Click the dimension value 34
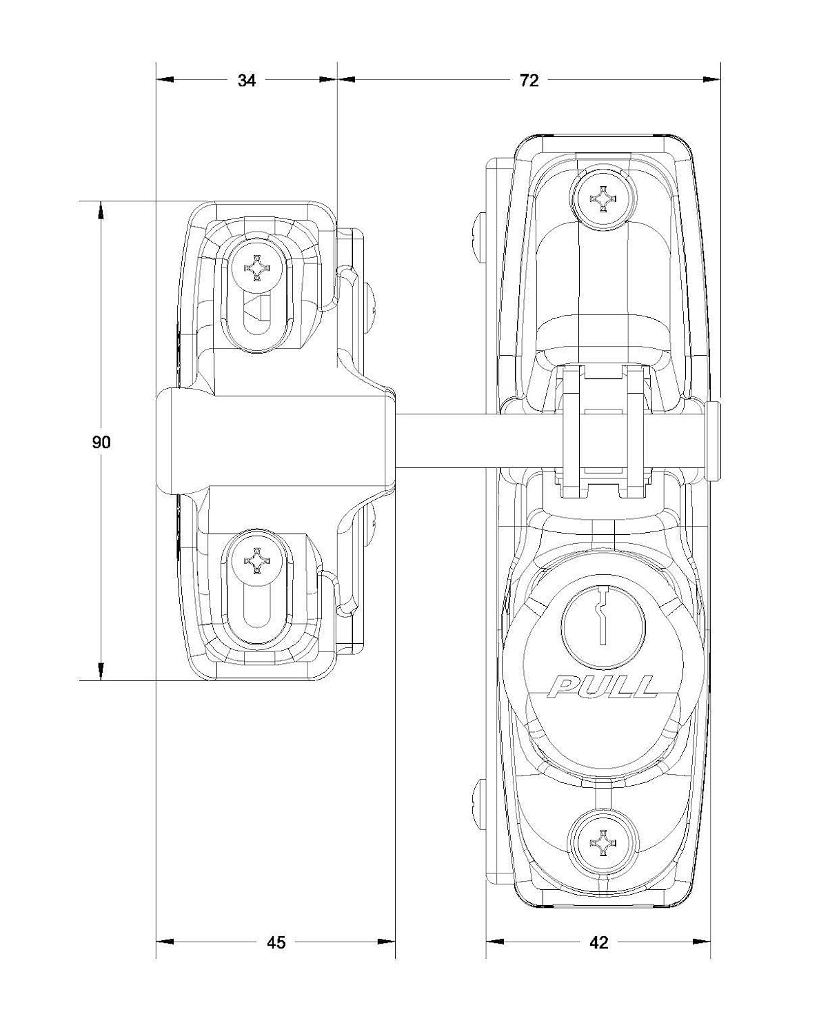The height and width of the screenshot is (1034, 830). tap(247, 80)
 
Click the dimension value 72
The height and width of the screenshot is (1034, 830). tap(529, 80)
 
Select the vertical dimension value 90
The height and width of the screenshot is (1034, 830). tap(101, 442)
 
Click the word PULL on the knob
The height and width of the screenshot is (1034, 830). tap(603, 687)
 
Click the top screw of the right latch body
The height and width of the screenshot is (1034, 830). tap(603, 197)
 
